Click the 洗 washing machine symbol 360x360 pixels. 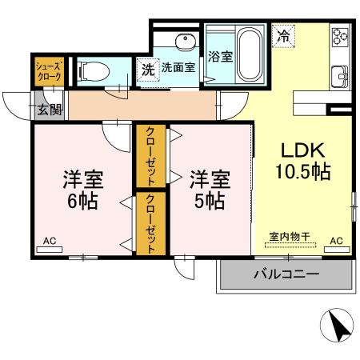[148, 69]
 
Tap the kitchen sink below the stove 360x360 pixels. [342, 78]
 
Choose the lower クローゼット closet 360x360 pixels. [150, 223]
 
